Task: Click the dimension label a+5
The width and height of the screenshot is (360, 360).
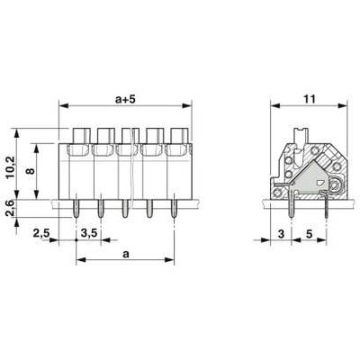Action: [x=125, y=99]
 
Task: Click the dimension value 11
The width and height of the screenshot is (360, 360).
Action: [x=309, y=99]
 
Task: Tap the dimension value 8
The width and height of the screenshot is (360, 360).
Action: [x=31, y=171]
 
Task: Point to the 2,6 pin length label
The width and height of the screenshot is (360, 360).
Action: [x=11, y=208]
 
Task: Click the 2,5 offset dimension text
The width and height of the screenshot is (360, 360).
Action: [x=40, y=233]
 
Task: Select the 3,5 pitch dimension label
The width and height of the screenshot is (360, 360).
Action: [x=89, y=233]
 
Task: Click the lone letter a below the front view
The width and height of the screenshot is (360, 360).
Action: [x=126, y=255]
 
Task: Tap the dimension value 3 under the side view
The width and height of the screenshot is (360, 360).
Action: [x=281, y=234]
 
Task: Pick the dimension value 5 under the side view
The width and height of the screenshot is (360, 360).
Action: [x=310, y=234]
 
